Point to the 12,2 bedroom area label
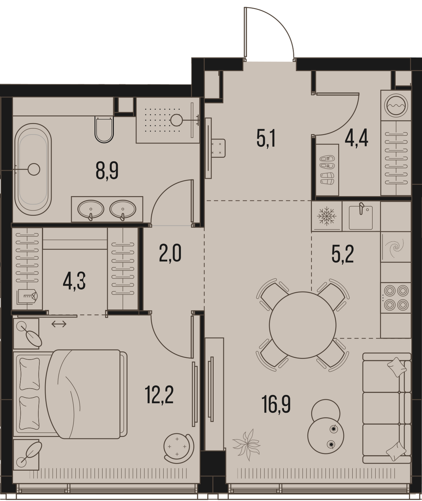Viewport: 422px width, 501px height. [x=159, y=395]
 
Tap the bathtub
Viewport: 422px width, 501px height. [x=33, y=169]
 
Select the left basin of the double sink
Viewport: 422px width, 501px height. [x=91, y=209]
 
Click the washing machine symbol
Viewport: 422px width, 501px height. [x=396, y=105]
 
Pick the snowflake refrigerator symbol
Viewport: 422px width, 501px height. [x=326, y=216]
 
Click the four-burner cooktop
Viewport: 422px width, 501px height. [x=396, y=298]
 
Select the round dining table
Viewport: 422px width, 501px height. [x=302, y=325]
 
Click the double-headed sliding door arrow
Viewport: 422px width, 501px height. [x=59, y=324]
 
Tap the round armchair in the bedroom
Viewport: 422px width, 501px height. [x=178, y=447]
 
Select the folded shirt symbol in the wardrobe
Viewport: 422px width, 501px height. [x=27, y=297]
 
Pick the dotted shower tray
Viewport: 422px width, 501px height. [x=168, y=120]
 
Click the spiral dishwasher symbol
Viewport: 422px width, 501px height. [x=396, y=247]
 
